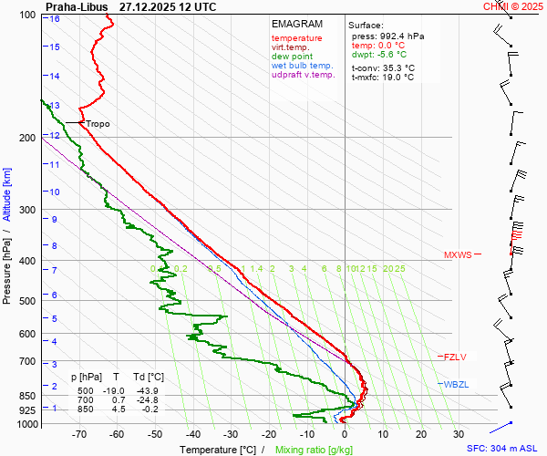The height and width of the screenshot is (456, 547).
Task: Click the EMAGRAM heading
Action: [x=296, y=23]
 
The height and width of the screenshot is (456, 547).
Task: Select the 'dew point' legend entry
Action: [x=292, y=57]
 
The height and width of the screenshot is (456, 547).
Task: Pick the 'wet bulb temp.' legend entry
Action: [x=304, y=66]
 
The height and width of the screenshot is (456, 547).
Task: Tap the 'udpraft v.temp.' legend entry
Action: [x=304, y=75]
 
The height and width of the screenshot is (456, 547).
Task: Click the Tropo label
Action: [x=98, y=123]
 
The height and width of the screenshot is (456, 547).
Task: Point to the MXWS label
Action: [x=458, y=255]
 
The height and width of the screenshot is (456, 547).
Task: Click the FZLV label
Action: [x=455, y=357]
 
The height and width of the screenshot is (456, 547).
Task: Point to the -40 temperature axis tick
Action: [x=192, y=434]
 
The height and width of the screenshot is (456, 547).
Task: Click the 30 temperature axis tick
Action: [x=459, y=434]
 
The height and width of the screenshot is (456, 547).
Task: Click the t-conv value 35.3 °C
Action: [x=397, y=67]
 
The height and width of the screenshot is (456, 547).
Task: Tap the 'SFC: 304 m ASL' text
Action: [x=503, y=449]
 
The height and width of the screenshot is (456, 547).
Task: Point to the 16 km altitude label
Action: [x=56, y=19]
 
